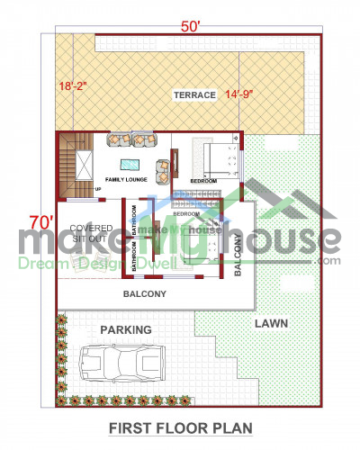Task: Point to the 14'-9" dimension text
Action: [x=243, y=94]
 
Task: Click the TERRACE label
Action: [x=193, y=94]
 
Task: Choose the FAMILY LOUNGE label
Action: [x=127, y=180]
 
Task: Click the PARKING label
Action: [x=125, y=329]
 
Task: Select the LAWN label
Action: [x=271, y=322]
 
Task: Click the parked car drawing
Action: [x=119, y=364]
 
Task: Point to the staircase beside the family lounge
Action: [x=76, y=165]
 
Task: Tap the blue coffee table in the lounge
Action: [x=130, y=164]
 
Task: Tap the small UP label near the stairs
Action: [x=97, y=190]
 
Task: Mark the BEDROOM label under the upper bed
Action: [x=203, y=182]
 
